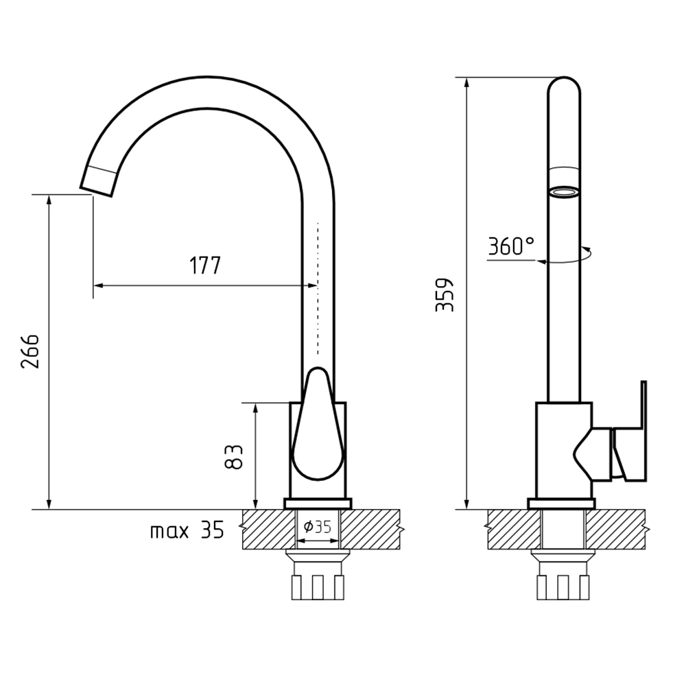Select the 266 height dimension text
coord(30,351)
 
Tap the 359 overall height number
coord(445,294)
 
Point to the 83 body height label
coord(234,457)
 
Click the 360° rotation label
coord(511,246)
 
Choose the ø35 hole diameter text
coord(317,527)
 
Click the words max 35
coord(187,530)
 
